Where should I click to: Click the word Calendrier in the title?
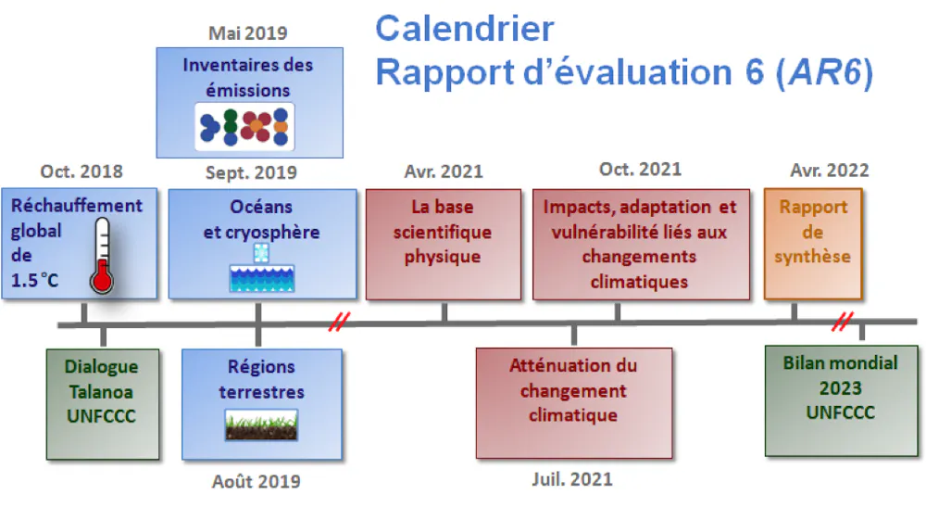click(464, 28)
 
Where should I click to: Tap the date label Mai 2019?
click(247, 33)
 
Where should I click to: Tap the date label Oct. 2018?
click(81, 171)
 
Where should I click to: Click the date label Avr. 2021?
click(444, 171)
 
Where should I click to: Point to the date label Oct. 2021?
click(640, 170)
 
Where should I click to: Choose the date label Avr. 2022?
click(830, 171)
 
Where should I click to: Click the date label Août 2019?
click(256, 481)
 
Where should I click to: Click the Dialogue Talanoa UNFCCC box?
click(101, 403)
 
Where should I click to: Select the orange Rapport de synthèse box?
click(813, 244)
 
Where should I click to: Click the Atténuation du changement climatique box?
click(573, 403)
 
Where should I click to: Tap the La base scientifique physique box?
click(443, 244)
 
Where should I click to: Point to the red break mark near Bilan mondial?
click(842, 322)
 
